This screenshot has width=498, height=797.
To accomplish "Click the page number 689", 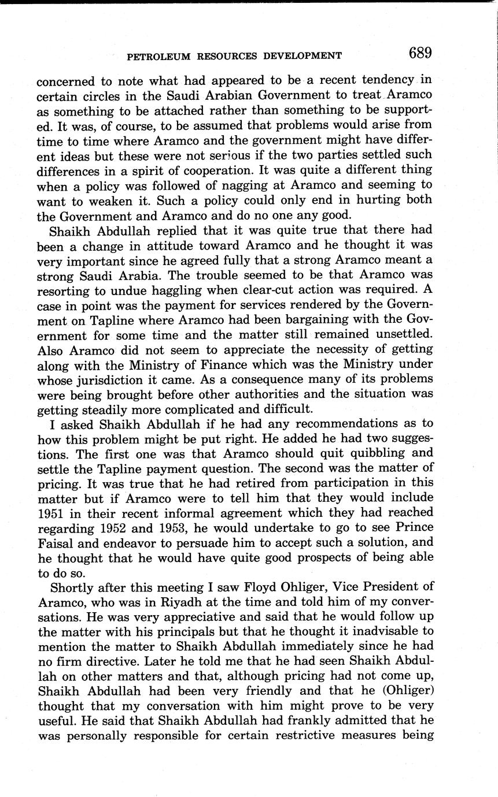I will coord(420,53).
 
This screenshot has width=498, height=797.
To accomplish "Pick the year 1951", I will coord(51,513).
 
